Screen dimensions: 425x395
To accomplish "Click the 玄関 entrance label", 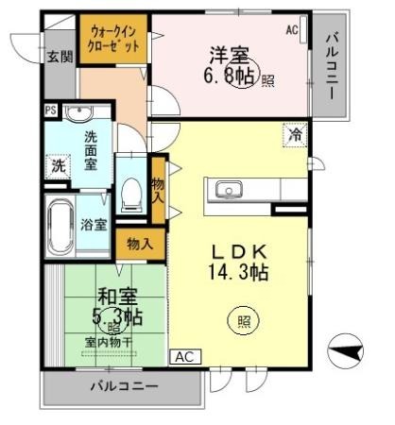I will click(x=59, y=57).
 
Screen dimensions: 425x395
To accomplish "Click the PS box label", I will click(x=50, y=110).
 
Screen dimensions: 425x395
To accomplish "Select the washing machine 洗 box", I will click(x=58, y=166).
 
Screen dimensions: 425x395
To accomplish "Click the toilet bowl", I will click(x=131, y=193).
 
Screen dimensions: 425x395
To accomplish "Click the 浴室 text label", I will click(x=94, y=225).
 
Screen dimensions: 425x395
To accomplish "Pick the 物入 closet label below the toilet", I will click(x=139, y=244).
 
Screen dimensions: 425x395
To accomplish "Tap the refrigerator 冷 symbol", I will click(x=294, y=135).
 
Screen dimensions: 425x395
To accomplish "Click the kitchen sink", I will click(x=229, y=192).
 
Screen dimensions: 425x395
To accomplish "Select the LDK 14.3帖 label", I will click(x=239, y=262).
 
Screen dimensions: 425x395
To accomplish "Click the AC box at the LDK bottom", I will click(x=184, y=358).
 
